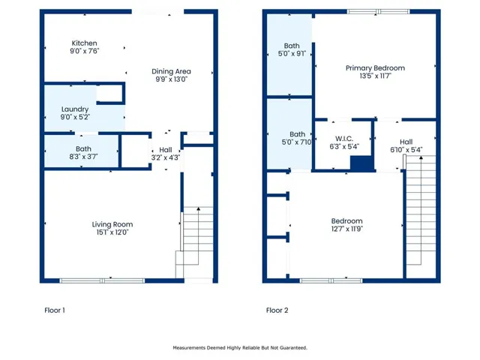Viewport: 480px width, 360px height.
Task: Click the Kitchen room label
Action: (84, 43)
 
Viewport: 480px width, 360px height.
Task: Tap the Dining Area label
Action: (171, 71)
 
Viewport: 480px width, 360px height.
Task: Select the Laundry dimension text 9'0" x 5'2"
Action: (75, 117)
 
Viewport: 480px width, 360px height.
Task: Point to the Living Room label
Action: (112, 224)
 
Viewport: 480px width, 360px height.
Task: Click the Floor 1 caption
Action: (55, 310)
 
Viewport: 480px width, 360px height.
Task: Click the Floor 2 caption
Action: (277, 310)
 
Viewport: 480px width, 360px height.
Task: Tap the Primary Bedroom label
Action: (375, 68)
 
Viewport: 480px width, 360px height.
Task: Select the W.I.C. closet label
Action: (344, 139)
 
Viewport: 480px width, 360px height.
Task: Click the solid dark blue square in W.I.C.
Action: (361, 163)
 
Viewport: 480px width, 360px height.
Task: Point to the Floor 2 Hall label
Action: (406, 142)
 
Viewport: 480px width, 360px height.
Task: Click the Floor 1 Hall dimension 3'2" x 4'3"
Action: (166, 157)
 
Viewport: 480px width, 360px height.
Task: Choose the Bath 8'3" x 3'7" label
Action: (83, 153)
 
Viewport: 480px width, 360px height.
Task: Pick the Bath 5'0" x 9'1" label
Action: (292, 49)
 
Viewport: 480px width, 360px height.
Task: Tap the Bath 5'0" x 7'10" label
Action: (297, 138)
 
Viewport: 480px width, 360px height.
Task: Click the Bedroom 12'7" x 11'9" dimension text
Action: (346, 229)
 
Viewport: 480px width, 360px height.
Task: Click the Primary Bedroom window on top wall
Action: (378, 12)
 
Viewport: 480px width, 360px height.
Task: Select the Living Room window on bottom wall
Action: (102, 280)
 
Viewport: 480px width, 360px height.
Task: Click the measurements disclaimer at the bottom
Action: (240, 348)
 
